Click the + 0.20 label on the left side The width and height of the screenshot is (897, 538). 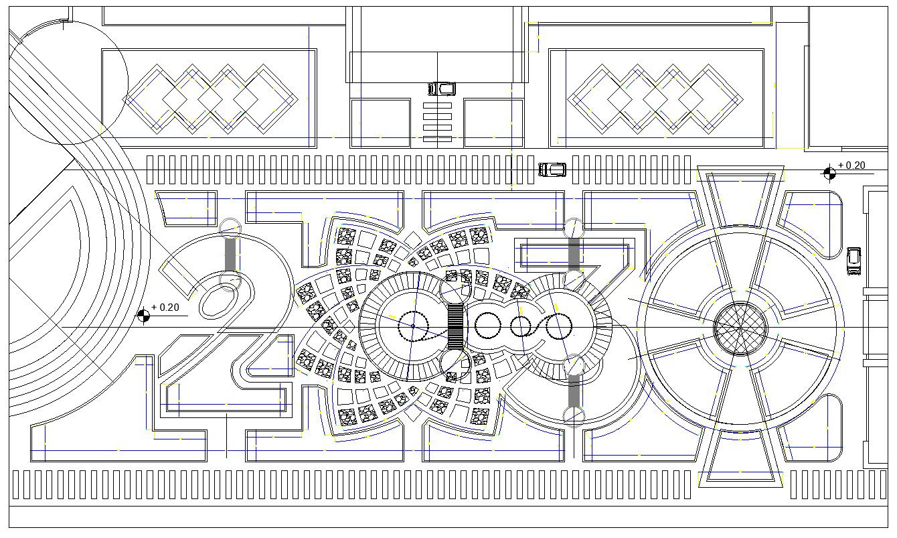click(x=165, y=308)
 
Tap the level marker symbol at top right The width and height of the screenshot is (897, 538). click(x=829, y=173)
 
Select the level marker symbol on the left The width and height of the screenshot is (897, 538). click(x=143, y=315)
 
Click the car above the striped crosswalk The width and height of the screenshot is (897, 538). click(x=441, y=88)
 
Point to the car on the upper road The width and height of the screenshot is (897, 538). click(x=552, y=170)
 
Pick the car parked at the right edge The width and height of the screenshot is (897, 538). click(x=853, y=261)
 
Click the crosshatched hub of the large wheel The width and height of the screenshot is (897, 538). click(x=739, y=328)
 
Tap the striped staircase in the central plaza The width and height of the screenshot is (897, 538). click(x=455, y=326)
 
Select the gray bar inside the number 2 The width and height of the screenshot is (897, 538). click(x=230, y=254)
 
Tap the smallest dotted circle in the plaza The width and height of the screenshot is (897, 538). click(x=521, y=327)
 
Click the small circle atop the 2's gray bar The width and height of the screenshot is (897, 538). click(x=230, y=227)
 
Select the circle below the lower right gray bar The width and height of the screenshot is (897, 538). click(x=574, y=416)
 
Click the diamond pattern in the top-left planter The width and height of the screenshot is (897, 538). click(x=210, y=98)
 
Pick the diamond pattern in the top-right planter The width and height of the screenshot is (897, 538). click(x=655, y=98)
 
